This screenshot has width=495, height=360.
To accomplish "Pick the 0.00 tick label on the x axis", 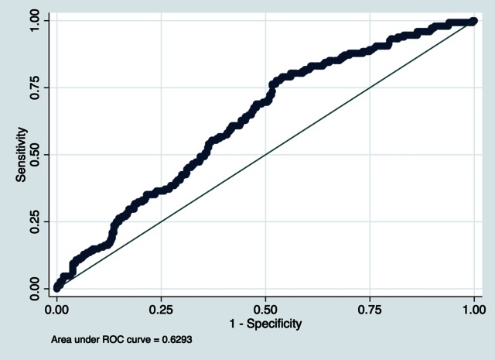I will pyautogui.click(x=56, y=308).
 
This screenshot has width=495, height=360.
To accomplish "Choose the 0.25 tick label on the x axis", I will pyautogui.click(x=161, y=308).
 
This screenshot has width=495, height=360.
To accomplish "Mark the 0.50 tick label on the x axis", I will pyautogui.click(x=265, y=308).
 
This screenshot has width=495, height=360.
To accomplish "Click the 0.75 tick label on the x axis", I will pyautogui.click(x=370, y=308).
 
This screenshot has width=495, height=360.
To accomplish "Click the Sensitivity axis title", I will pyautogui.click(x=22, y=154).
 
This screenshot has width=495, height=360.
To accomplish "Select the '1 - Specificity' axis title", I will pyautogui.click(x=265, y=322).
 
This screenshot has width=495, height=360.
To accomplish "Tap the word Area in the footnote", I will pyautogui.click(x=60, y=339).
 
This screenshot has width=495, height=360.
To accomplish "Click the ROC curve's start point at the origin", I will pyautogui.click(x=56, y=288).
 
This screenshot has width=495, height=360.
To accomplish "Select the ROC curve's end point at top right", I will pyautogui.click(x=474, y=21).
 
